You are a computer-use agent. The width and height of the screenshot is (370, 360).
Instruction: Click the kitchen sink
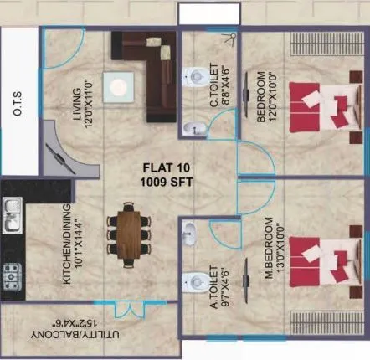[13, 216]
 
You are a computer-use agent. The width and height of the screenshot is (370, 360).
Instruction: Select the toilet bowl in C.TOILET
[193, 73]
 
